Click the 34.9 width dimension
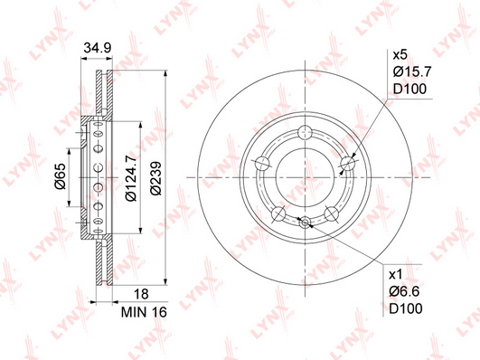[98, 48]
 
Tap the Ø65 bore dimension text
[60, 176]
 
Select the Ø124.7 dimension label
[131, 177]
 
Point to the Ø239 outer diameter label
[156, 178]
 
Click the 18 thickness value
[141, 294]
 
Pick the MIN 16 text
[144, 312]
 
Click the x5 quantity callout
[400, 55]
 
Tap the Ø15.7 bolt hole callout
[412, 72]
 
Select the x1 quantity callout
[395, 275]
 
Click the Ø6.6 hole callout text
[404, 291]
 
